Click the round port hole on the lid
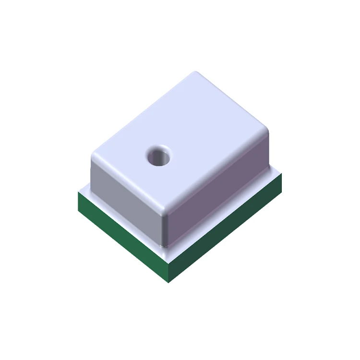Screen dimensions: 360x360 pos(159,156)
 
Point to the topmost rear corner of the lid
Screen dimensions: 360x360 pos(196,73)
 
